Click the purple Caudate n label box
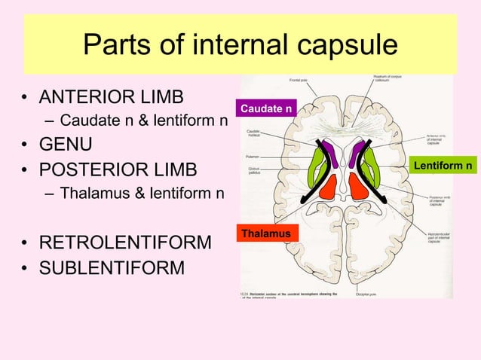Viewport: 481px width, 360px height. [x=266, y=110]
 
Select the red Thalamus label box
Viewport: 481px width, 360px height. [x=266, y=234]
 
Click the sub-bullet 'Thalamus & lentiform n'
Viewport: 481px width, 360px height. [x=142, y=194]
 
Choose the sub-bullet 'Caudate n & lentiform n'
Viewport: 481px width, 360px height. [x=144, y=121]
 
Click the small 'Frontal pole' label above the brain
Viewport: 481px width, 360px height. [x=299, y=80]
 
